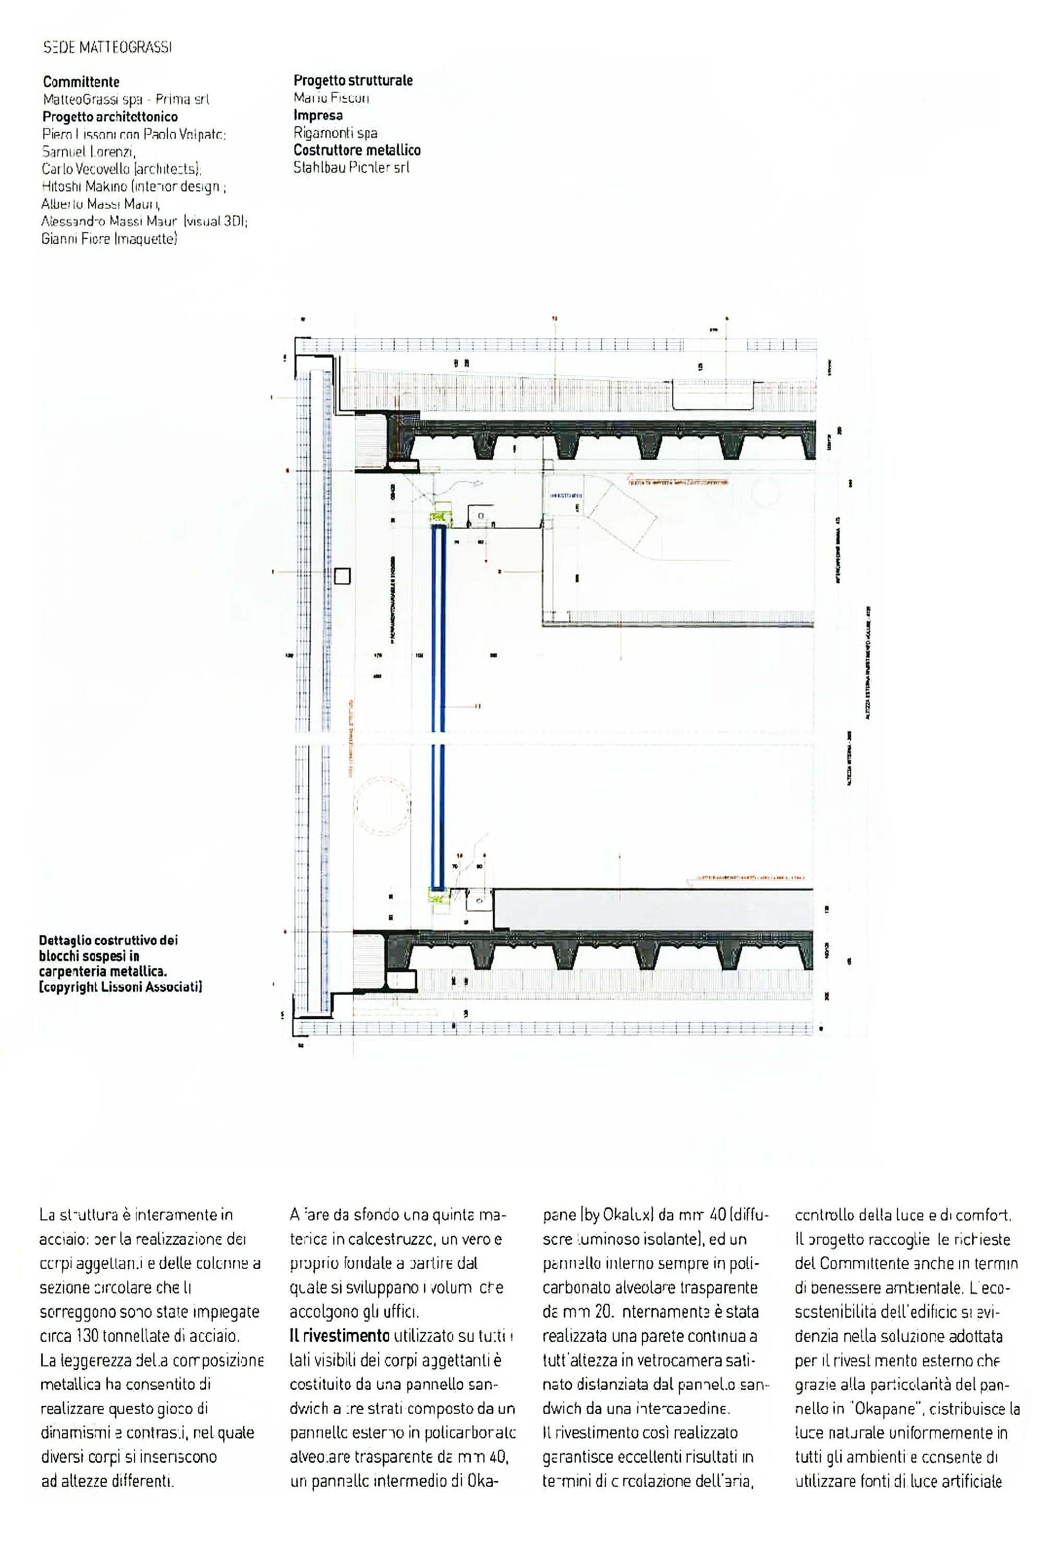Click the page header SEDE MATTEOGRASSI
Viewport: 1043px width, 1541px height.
click(x=107, y=48)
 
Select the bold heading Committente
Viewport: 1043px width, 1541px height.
click(x=81, y=82)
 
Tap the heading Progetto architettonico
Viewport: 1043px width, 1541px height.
click(x=110, y=117)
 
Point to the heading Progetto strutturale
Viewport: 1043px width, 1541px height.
click(x=353, y=81)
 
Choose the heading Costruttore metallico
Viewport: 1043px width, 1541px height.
click(x=357, y=150)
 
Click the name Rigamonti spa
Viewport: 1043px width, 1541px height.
click(x=335, y=132)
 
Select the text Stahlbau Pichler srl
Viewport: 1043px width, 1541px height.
click(x=351, y=167)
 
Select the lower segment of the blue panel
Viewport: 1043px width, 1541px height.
click(x=438, y=815)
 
